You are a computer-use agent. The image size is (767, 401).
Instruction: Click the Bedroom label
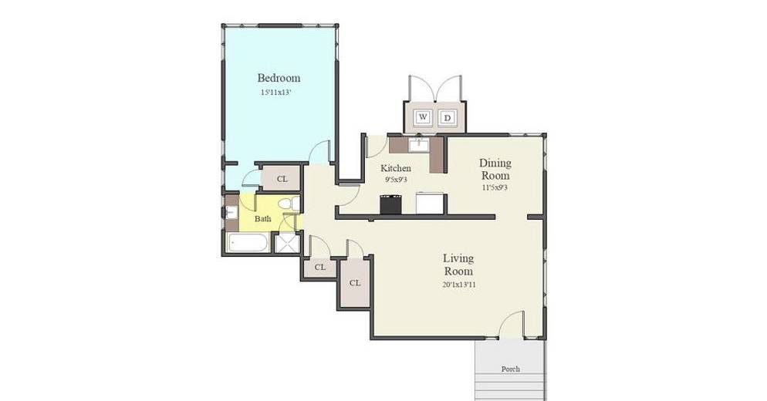pos(279,78)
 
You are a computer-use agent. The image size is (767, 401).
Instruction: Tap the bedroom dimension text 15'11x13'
pos(276,92)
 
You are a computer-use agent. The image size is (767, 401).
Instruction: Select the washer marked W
pos(423,117)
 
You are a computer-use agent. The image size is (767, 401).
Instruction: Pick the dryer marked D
pos(447,118)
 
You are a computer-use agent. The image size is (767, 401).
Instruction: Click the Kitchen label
pos(396,168)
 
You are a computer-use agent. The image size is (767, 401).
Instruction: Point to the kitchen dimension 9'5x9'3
pos(396,180)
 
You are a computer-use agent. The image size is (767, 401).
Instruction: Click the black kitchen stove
pos(391,204)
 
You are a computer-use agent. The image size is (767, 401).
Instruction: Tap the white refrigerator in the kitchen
pos(430,203)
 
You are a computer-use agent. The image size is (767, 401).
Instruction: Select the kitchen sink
pos(419,145)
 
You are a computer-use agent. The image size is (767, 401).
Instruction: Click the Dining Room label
pos(495,169)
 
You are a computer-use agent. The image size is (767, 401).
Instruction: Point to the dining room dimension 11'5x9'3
pos(495,187)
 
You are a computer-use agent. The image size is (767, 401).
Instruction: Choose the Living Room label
pos(458,265)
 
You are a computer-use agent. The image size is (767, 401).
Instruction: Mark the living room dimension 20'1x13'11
pos(458,284)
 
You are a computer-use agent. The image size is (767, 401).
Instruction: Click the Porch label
pos(510,369)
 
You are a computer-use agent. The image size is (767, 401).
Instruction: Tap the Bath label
pos(262,218)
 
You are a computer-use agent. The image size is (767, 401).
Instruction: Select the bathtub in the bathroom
pos(248,243)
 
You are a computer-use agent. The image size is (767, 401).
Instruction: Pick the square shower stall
pos(287,243)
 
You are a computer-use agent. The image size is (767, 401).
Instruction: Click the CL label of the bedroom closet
pos(282,179)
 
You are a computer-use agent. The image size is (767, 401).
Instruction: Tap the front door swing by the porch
pos(512,324)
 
